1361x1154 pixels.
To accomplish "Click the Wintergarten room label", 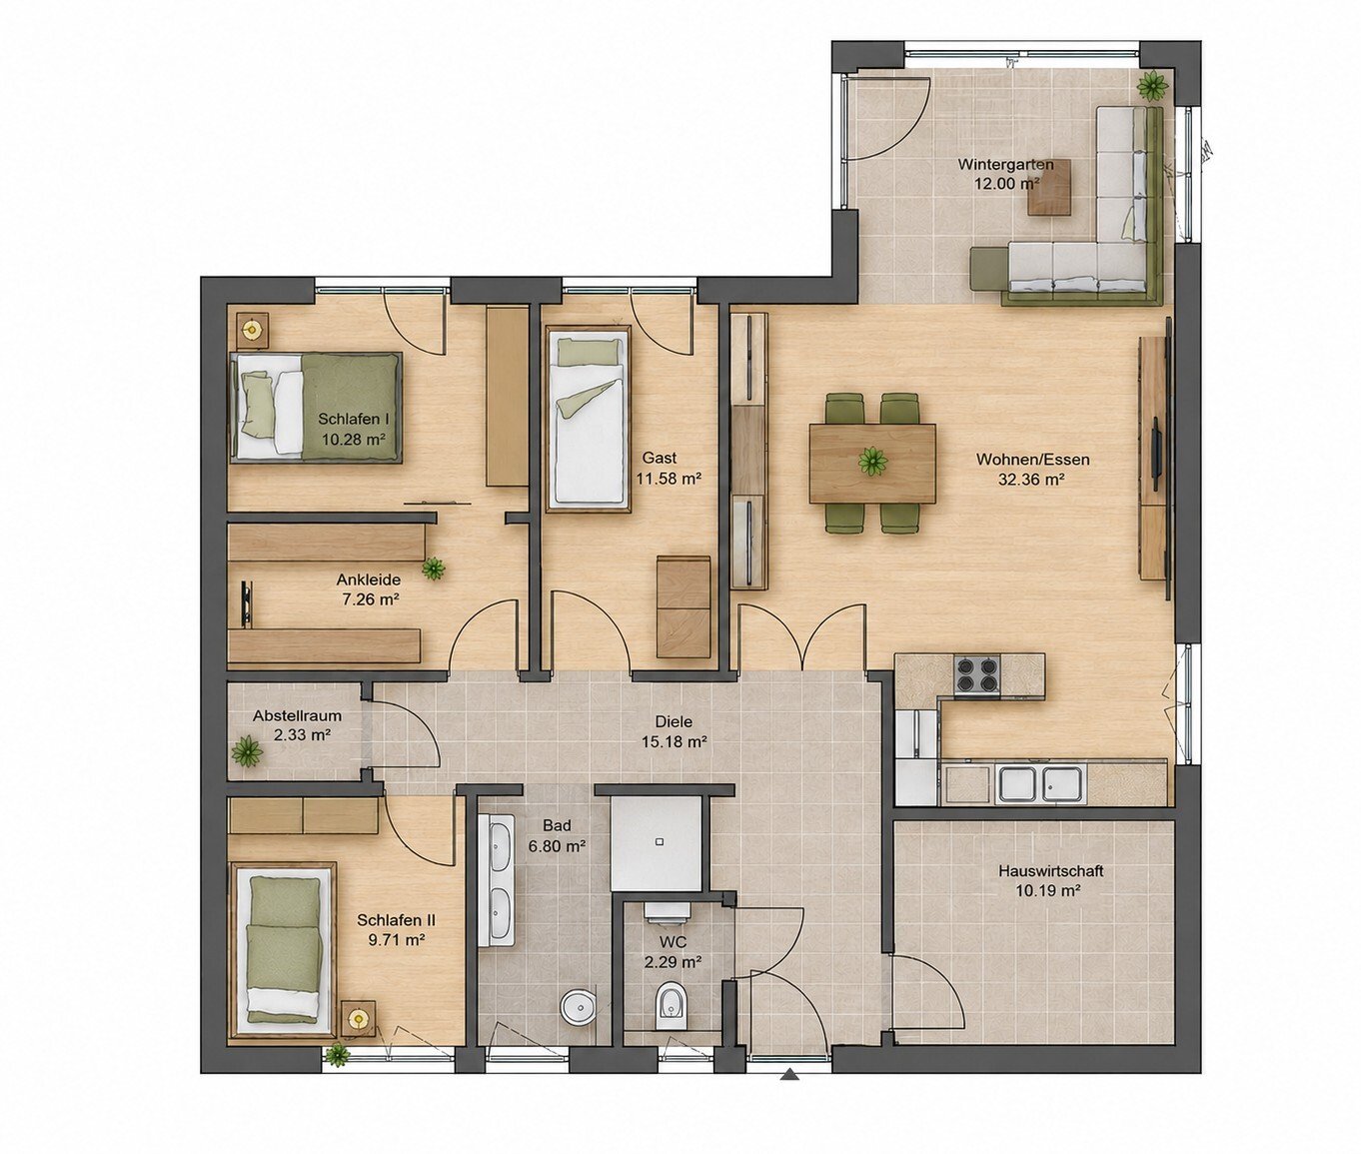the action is coord(1005,164).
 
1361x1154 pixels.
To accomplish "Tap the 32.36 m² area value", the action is coord(1032,480).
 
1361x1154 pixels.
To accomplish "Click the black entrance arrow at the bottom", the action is coord(790,1076).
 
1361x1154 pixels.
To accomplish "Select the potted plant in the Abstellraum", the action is coord(247,750).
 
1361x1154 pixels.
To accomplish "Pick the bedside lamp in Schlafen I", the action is coord(252,329).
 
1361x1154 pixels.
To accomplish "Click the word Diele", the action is coord(674,720).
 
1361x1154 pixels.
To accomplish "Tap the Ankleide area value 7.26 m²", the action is coord(368,599).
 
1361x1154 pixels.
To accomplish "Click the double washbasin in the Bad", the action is coord(499,873).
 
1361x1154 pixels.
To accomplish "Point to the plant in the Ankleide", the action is coord(433,569).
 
